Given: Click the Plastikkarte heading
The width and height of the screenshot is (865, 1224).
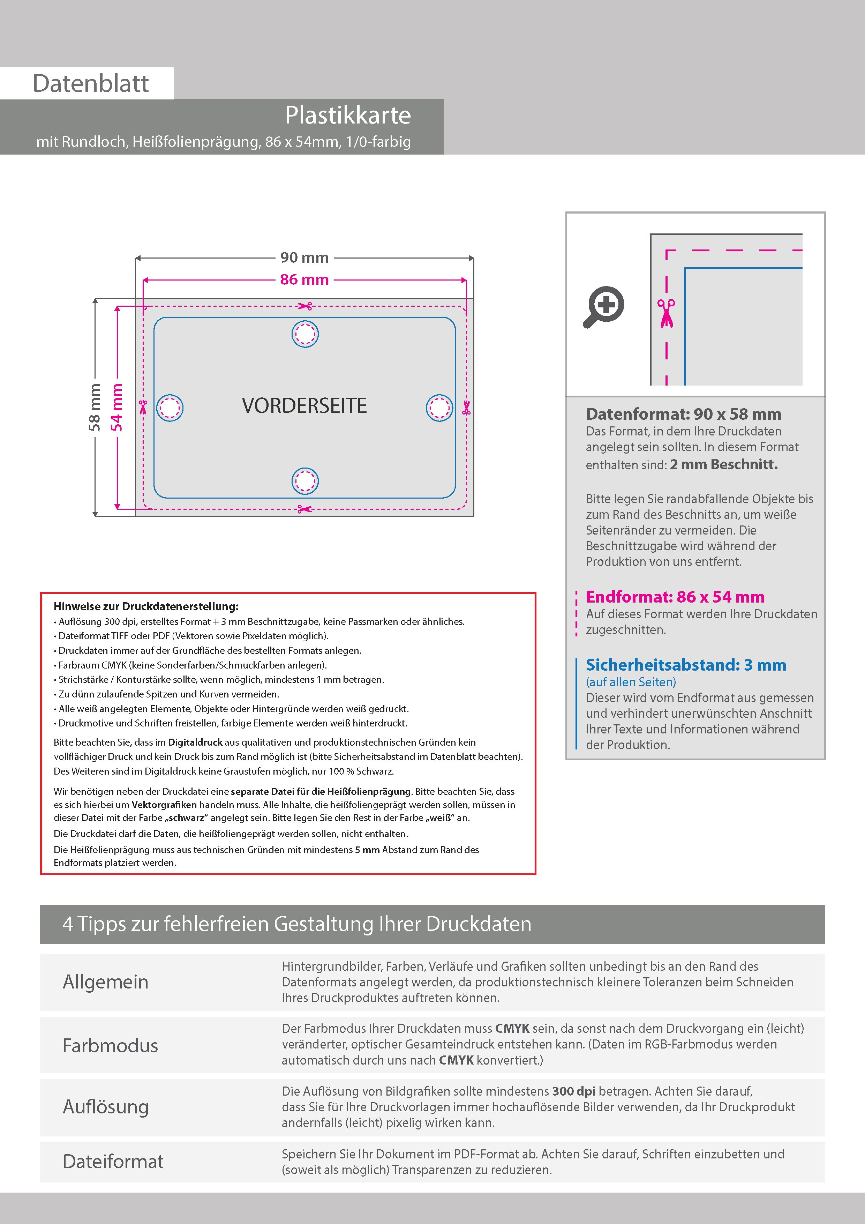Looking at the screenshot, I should tap(347, 115).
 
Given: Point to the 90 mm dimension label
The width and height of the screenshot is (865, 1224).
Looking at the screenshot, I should tap(304, 258).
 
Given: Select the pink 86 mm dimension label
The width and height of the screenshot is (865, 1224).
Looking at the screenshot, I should tap(304, 279).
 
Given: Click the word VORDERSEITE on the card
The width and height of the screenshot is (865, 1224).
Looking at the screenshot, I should tap(304, 406).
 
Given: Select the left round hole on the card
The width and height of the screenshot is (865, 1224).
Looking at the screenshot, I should tap(170, 408).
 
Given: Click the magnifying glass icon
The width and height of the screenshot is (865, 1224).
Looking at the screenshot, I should tap(603, 307).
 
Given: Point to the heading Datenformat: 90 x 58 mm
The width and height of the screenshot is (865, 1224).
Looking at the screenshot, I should tap(683, 414).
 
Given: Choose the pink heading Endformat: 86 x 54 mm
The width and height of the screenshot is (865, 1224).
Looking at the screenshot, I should tap(675, 597).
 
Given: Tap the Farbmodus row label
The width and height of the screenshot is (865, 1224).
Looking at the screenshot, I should tap(110, 1045).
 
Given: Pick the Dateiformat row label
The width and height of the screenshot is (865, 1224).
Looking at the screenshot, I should tap(113, 1162).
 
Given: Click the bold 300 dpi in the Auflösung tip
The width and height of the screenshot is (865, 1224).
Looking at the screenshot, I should tap(573, 1091).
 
